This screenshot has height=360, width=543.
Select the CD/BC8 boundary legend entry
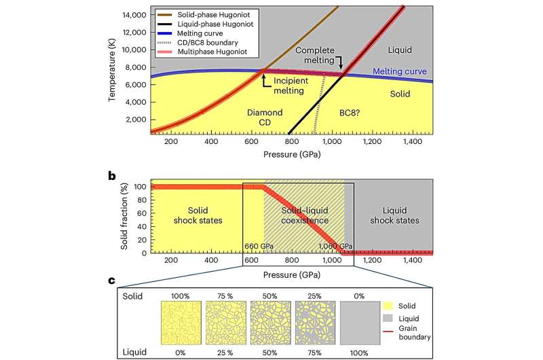[198, 43]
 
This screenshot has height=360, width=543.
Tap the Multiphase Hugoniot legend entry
[202, 52]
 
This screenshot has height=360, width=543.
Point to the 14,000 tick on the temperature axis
[134, 15]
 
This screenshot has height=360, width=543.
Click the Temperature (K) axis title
[111, 70]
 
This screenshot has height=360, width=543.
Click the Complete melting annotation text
[315, 55]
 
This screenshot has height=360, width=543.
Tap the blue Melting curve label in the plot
[399, 71]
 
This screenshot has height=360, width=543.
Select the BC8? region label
[349, 113]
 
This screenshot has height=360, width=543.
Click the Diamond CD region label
[265, 118]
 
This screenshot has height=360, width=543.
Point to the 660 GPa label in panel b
[259, 247]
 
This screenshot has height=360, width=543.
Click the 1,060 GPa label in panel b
[335, 247]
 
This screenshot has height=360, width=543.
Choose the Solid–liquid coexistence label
[305, 215]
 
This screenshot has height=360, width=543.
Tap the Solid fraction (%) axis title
[124, 216]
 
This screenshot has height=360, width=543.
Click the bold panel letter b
[111, 176]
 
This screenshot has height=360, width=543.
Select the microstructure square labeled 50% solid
[270, 323]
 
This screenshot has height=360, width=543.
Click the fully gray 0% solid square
[360, 323]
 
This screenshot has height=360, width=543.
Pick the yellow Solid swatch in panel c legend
[388, 306]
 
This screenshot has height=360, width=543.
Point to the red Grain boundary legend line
[388, 331]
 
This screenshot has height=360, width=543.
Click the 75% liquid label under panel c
[314, 353]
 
